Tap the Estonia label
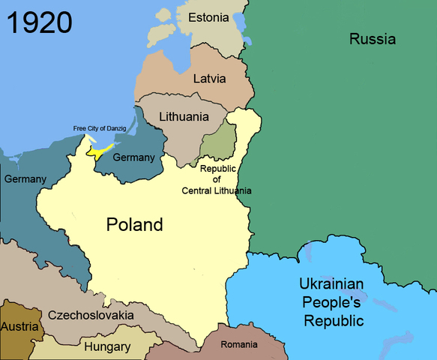click(x=209, y=17)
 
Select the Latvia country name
click(x=210, y=79)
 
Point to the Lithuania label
click(x=184, y=117)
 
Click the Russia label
click(x=372, y=39)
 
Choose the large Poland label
click(x=134, y=224)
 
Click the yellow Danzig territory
click(x=100, y=151)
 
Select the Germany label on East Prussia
click(x=133, y=157)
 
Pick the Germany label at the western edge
click(x=25, y=179)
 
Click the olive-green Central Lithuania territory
click(x=219, y=140)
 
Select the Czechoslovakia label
click(x=91, y=315)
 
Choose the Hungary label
click(x=106, y=346)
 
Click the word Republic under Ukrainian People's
click(x=335, y=321)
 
